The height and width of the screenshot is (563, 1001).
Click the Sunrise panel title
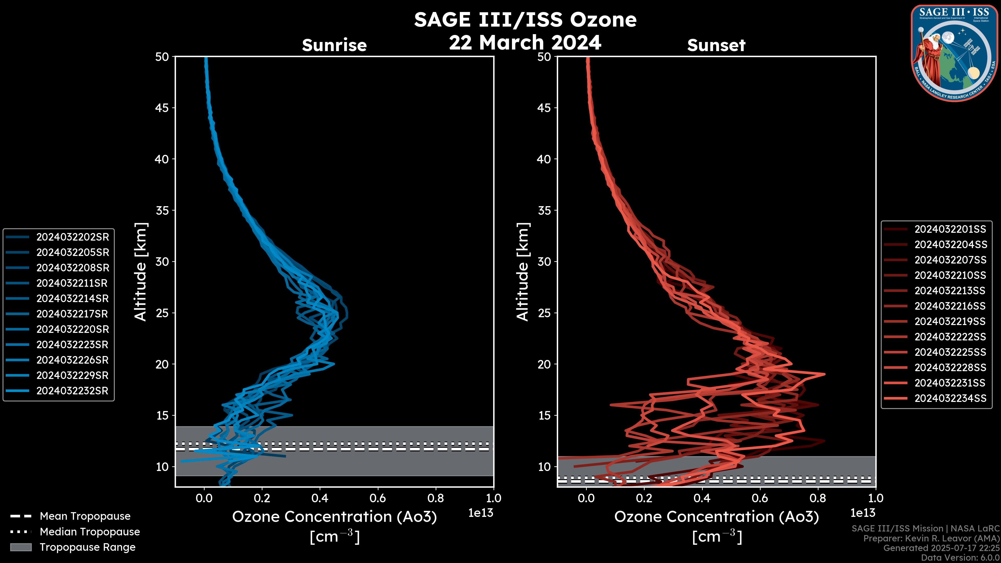(334, 45)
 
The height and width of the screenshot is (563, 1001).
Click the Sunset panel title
(716, 45)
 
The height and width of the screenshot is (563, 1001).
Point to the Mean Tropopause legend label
(85, 516)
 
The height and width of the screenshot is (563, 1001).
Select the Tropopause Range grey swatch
(21, 547)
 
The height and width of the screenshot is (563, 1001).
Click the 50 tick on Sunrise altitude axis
(162, 57)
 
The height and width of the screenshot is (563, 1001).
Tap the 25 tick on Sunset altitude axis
(544, 313)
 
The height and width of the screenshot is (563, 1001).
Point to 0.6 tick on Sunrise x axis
(378, 498)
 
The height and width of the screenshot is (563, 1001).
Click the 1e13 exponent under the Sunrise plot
(481, 513)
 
